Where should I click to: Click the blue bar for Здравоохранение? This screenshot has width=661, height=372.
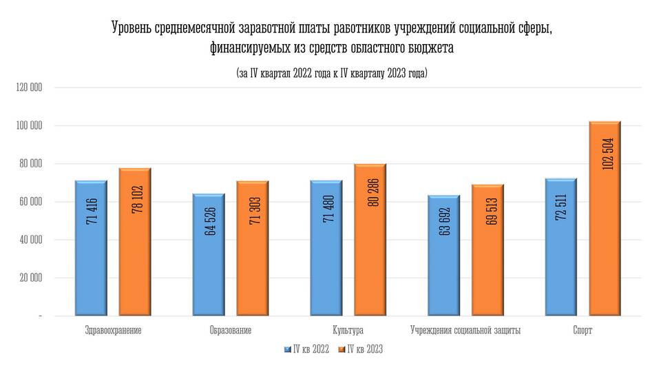point(92,249)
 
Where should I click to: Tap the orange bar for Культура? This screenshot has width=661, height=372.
point(370,240)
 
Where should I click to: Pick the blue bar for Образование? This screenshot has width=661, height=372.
point(209,255)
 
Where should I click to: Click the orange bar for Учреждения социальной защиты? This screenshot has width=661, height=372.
point(487,251)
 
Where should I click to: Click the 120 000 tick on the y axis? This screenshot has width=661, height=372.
point(28,87)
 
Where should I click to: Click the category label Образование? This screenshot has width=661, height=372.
point(230,331)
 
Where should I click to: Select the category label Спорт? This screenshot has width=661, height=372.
point(583,331)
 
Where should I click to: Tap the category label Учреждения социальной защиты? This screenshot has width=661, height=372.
point(465,331)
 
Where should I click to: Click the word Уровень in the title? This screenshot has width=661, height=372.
point(132,28)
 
